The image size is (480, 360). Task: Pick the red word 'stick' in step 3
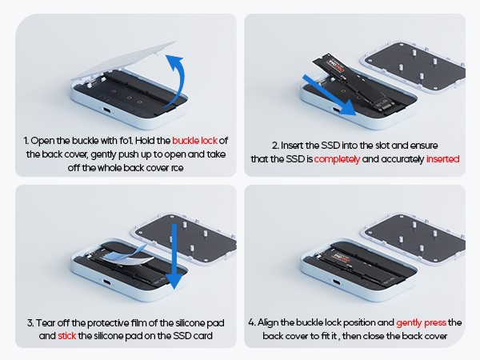pyautogui.click(x=68, y=336)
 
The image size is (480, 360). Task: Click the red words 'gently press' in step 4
pyautogui.click(x=420, y=322)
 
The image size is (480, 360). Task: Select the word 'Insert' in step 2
pyautogui.click(x=292, y=146)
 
